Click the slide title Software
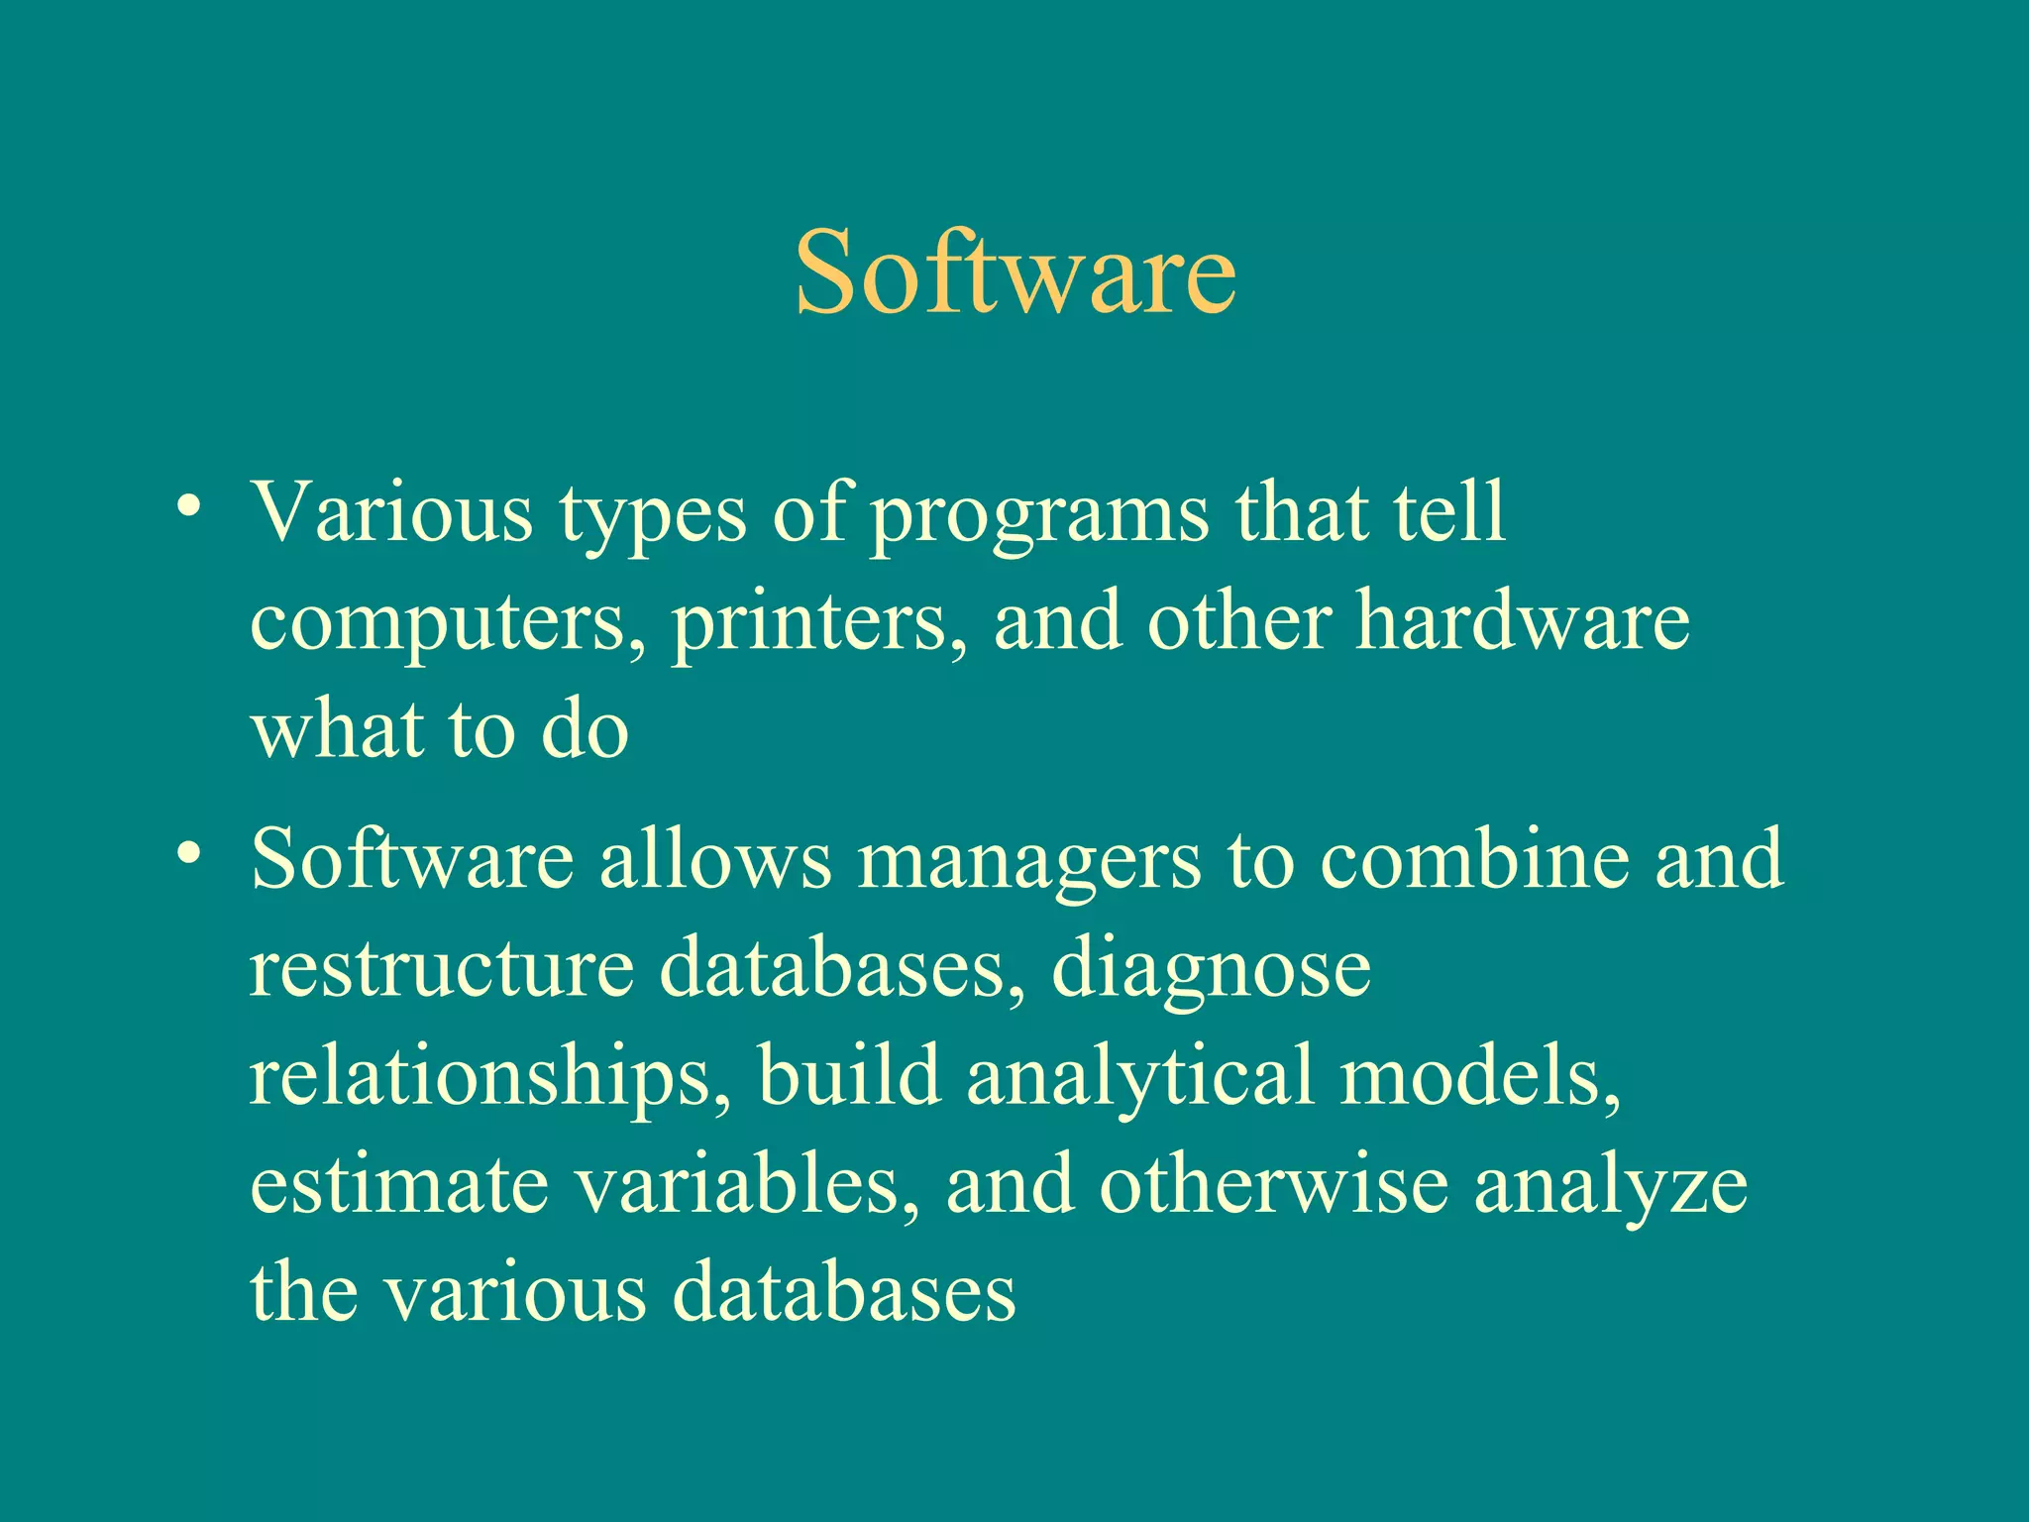[1015, 272]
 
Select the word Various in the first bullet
[391, 513]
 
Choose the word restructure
[441, 968]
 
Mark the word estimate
[398, 1186]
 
